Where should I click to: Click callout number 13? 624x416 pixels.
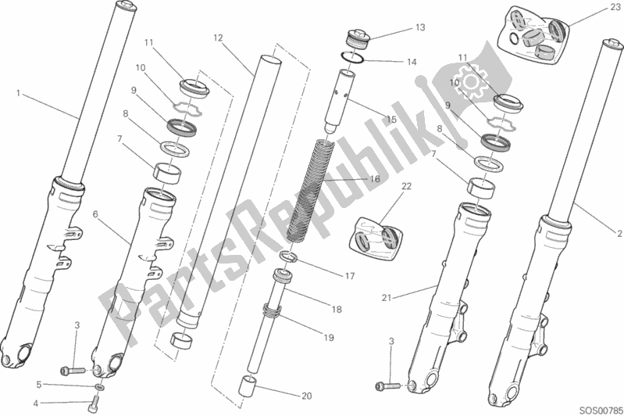coord(420,27)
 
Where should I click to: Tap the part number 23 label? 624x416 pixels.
coord(615,6)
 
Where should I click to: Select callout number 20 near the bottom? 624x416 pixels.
coord(306,396)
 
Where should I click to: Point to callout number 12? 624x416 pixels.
coord(218,38)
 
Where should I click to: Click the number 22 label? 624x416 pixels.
coord(406,186)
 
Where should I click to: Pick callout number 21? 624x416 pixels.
coord(387,298)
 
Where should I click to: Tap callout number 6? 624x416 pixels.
coord(95,214)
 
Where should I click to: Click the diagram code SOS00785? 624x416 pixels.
coord(600,410)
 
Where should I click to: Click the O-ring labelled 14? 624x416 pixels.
coord(352,57)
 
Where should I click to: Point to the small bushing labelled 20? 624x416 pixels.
coord(247,385)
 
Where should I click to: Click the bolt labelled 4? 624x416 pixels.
coord(94,405)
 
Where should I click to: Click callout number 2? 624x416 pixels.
coord(619,234)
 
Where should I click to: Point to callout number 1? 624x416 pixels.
coord(18,93)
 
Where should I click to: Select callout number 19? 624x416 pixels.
coord(328,338)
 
